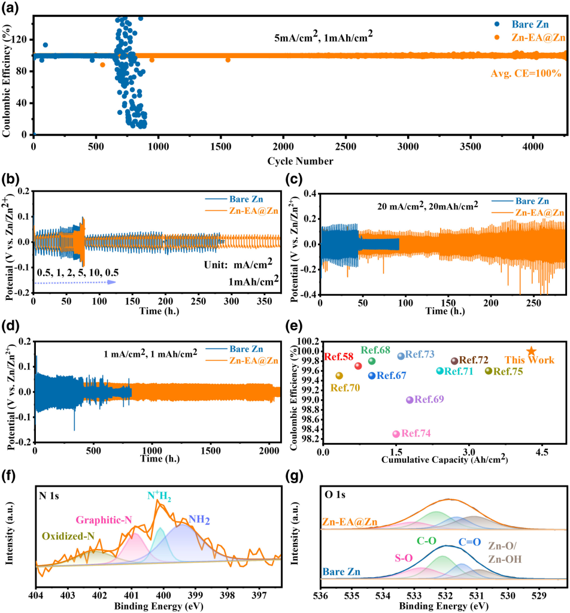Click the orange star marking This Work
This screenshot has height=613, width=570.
coord(531,351)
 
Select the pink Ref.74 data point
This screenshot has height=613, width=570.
coord(396,434)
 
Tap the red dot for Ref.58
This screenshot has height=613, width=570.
coord(358,366)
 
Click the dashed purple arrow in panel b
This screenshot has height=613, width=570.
coord(74,281)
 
